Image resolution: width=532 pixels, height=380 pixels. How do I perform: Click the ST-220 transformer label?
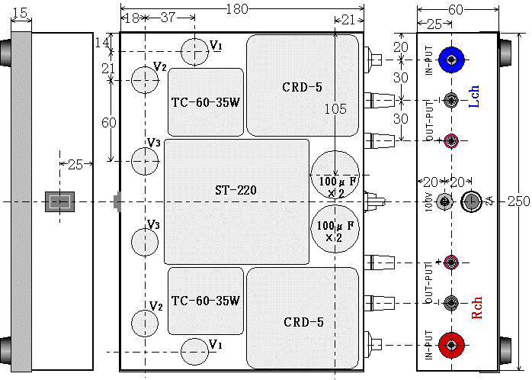pyautogui.click(x=236, y=188)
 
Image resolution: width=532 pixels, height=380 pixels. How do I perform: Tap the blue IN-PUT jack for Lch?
pyautogui.click(x=452, y=57)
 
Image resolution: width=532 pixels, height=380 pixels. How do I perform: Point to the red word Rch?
pyautogui.click(x=478, y=308)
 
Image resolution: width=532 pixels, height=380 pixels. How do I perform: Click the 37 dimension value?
pyautogui.click(x=168, y=18)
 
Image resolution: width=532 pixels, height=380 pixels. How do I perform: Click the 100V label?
pyautogui.click(x=429, y=202)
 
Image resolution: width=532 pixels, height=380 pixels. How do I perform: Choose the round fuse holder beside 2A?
pyautogui.click(x=471, y=201)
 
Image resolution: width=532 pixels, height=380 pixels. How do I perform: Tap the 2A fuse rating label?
pyautogui.click(x=489, y=201)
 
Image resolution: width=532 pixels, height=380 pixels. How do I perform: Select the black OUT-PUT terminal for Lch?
pyautogui.click(x=452, y=99)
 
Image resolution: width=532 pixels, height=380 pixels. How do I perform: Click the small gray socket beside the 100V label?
pyautogui.click(x=447, y=201)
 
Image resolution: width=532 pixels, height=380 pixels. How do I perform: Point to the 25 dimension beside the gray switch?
pyautogui.click(x=75, y=164)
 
